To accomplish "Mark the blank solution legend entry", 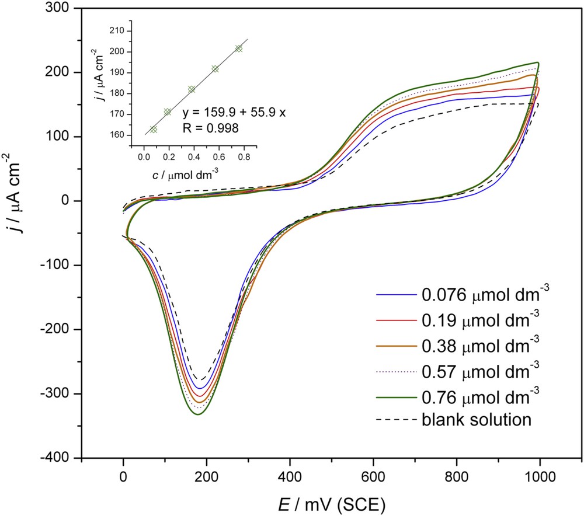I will (x=475, y=419).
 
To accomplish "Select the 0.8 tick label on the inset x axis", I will (x=244, y=157).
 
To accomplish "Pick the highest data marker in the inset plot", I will (x=238, y=49).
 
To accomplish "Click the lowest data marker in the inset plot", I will (x=154, y=130).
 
